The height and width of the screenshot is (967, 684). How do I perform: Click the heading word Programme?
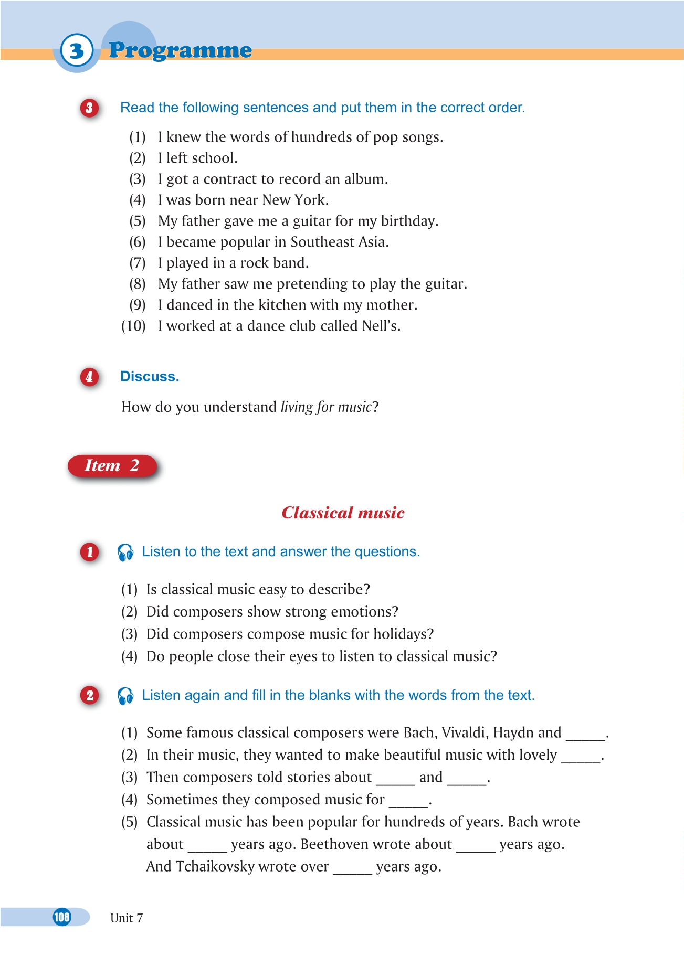point(180,50)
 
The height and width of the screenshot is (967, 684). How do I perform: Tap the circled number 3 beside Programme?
point(77,51)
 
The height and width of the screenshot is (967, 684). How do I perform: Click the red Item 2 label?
point(112,466)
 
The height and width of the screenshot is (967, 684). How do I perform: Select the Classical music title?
point(343,513)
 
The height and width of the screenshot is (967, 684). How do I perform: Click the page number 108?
point(62,917)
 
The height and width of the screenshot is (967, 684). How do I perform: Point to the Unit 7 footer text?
point(127,918)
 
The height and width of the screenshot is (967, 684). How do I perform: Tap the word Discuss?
point(150,377)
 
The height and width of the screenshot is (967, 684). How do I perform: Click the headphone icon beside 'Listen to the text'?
point(125,552)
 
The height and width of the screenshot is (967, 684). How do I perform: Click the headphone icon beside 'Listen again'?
point(125,696)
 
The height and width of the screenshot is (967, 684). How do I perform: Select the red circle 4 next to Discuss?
point(90,377)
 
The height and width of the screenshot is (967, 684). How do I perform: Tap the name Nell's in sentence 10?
point(381,326)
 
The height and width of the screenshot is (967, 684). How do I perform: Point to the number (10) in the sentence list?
point(133,326)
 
